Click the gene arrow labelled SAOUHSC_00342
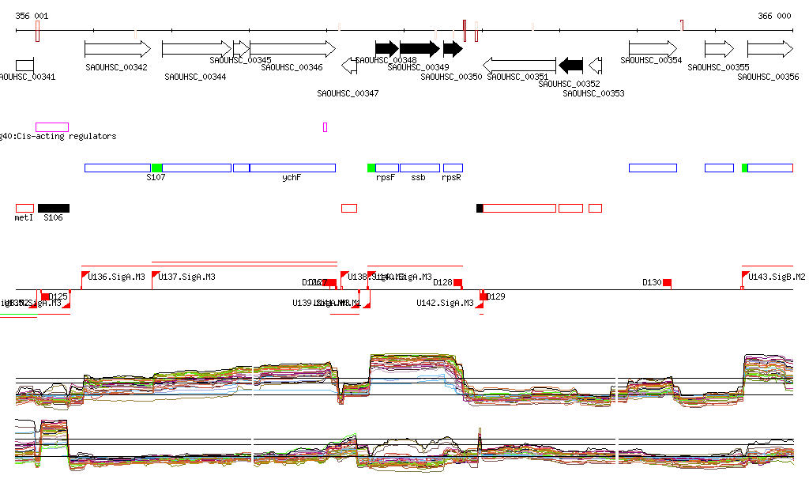[117, 49]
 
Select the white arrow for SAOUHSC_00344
[196, 49]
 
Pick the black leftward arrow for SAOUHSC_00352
[570, 65]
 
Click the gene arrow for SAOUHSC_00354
[653, 49]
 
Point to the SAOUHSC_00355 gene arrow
[719, 49]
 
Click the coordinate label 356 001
[32, 16]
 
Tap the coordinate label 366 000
[774, 16]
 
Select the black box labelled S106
[54, 208]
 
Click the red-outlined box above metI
[24, 208]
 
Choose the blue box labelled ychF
[292, 168]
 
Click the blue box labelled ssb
[420, 168]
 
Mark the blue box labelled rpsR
[453, 168]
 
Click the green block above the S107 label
[156, 168]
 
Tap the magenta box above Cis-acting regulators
[52, 126]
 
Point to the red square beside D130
[667, 282]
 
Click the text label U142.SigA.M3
[445, 303]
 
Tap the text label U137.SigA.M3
[187, 277]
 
